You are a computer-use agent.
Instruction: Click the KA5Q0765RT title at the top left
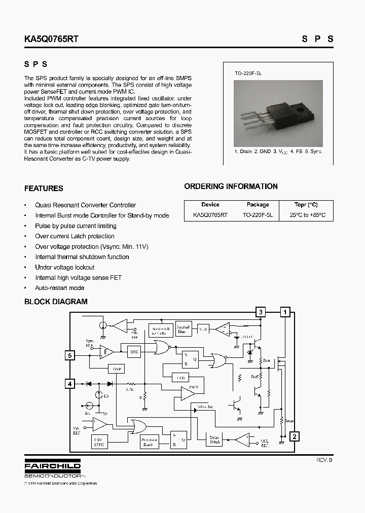pos(51,39)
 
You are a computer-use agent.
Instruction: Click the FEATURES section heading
pos(44,189)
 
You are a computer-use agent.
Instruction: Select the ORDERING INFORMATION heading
pos(231,187)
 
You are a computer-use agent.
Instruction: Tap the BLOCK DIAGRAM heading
pos(56,302)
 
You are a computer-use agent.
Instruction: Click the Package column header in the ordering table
pos(258,205)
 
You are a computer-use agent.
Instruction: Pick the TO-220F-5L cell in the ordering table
pos(258,215)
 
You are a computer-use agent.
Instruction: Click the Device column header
pos(210,205)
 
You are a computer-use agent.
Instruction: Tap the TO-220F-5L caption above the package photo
pos(248,74)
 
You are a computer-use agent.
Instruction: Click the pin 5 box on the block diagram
pos(70,355)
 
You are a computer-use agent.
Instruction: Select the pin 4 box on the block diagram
pos(70,384)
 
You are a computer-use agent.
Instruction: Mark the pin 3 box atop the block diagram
pos(261,312)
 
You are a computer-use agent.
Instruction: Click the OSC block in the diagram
pos(134,351)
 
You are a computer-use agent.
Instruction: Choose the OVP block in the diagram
pos(118,369)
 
